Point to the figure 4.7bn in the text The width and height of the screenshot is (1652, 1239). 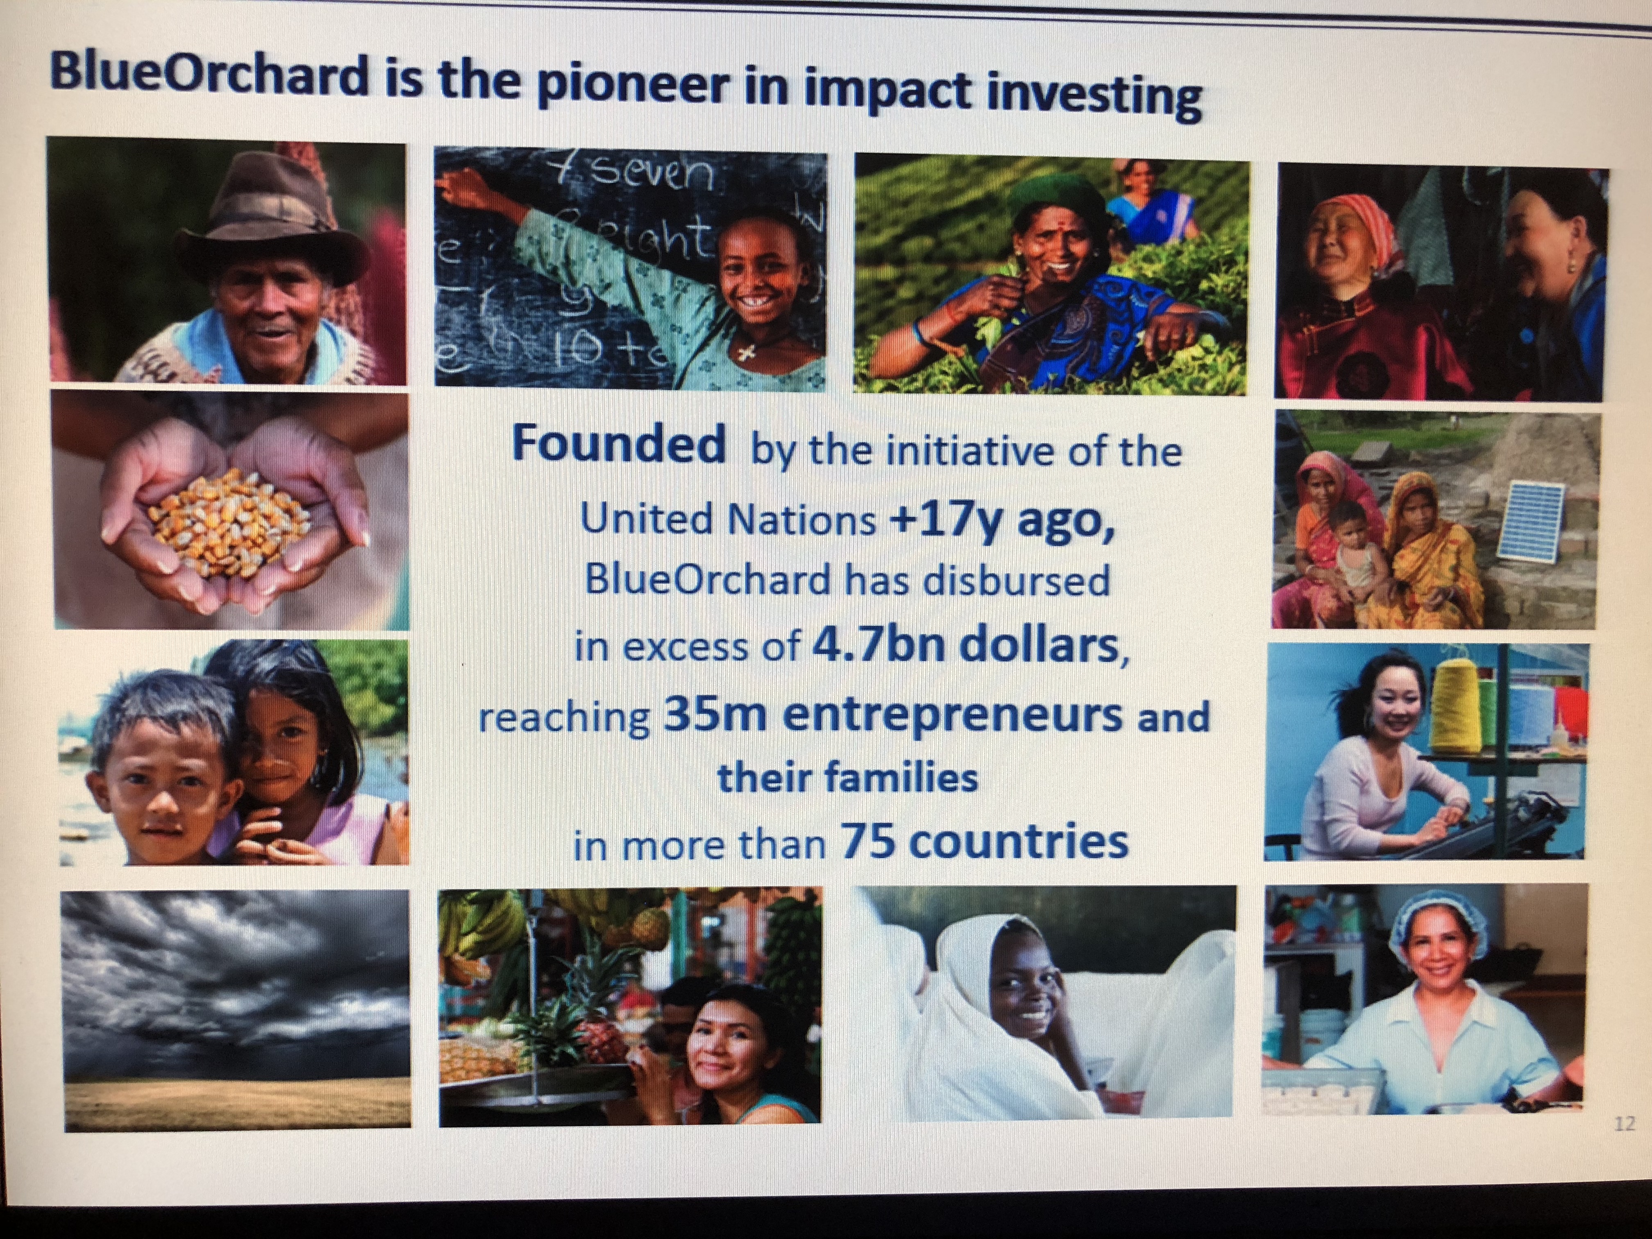point(878,647)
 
